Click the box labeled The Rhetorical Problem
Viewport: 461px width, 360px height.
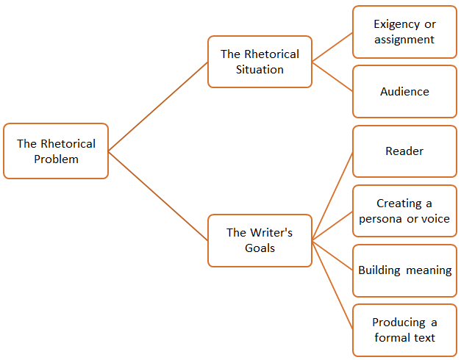pyautogui.click(x=56, y=151)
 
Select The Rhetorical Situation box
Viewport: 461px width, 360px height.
pyautogui.click(x=260, y=62)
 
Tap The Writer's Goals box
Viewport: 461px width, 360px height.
pyautogui.click(x=260, y=240)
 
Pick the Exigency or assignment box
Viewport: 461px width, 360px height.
pyautogui.click(x=404, y=32)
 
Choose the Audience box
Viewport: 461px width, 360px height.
pyautogui.click(x=404, y=92)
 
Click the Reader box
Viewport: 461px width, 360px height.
pyautogui.click(x=404, y=151)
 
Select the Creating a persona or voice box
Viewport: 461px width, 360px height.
pyautogui.click(x=404, y=211)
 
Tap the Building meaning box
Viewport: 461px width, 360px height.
pyautogui.click(x=404, y=270)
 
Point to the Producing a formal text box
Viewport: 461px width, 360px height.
pyautogui.click(x=404, y=330)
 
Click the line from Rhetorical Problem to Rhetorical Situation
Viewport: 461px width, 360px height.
pyautogui.click(x=158, y=107)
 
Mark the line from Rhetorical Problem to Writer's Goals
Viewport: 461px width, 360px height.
pyautogui.click(x=158, y=195)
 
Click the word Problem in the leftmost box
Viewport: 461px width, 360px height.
pyautogui.click(x=56, y=159)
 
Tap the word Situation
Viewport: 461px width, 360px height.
pyautogui.click(x=260, y=70)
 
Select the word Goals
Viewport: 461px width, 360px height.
pyautogui.click(x=260, y=248)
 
